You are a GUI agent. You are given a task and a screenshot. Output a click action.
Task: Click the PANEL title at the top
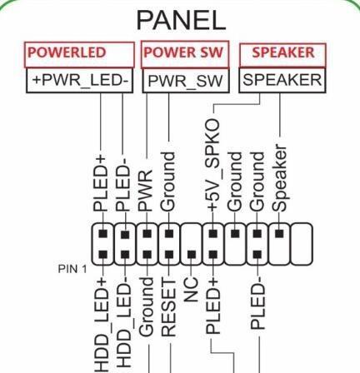(181, 20)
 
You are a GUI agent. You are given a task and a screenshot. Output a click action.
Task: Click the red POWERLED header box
(79, 55)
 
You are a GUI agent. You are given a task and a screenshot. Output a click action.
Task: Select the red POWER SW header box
(185, 54)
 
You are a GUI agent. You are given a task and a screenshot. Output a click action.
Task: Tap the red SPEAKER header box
(282, 55)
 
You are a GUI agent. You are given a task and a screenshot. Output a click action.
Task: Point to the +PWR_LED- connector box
(80, 81)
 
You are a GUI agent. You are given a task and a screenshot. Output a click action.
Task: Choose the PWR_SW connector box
(186, 81)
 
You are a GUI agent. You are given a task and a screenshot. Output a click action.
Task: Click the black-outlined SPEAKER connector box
(282, 80)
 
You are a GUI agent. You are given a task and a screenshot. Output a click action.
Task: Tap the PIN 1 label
(72, 269)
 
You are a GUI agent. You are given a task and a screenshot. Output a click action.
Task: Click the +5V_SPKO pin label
(213, 165)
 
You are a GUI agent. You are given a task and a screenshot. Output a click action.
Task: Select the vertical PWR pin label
(146, 190)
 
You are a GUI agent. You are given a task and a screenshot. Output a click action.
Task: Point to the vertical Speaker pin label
(279, 178)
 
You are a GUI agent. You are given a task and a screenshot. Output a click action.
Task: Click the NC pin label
(191, 290)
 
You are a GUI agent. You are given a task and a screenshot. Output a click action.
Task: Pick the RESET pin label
(168, 307)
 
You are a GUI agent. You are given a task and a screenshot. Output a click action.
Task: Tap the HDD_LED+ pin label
(100, 325)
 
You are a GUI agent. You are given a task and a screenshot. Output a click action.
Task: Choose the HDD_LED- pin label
(122, 325)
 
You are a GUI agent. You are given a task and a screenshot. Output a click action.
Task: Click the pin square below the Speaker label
(279, 233)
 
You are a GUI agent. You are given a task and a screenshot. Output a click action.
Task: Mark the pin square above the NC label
(191, 254)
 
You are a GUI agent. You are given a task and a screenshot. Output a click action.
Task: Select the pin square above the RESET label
(169, 254)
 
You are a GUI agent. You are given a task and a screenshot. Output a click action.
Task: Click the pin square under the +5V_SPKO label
(213, 233)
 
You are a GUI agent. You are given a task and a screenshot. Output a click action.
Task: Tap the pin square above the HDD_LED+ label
(103, 254)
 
